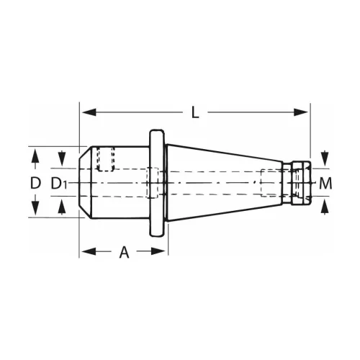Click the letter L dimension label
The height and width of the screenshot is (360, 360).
pyautogui.click(x=195, y=112)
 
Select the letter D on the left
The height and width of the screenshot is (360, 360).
pyautogui.click(x=35, y=183)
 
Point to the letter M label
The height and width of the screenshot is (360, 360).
pyautogui.click(x=326, y=183)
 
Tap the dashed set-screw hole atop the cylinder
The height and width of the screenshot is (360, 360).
pyautogui.click(x=106, y=158)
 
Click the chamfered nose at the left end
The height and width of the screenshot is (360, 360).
pyautogui.click(x=84, y=183)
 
